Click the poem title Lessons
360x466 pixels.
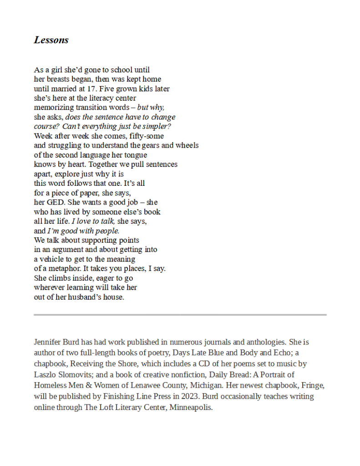pos(51,40)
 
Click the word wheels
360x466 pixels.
pos(188,145)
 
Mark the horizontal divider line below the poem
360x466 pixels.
pos(180,315)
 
